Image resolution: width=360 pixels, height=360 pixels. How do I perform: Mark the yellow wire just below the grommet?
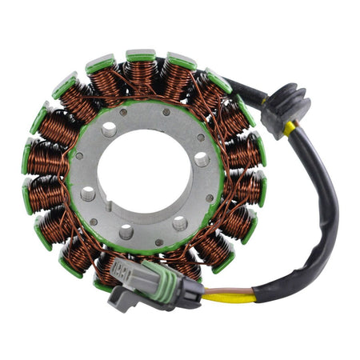(285, 128)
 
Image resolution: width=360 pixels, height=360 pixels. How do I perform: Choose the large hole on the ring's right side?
(201, 160)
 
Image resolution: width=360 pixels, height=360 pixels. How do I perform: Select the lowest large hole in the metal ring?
(126, 232)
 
